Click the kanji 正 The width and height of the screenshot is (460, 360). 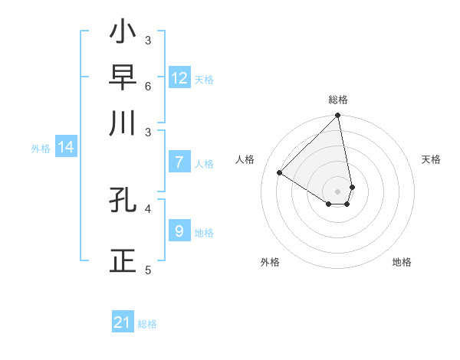click(123, 261)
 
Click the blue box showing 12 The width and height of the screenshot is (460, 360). click(179, 78)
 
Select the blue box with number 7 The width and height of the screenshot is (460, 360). click(179, 162)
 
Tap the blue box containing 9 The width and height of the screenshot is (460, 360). click(179, 231)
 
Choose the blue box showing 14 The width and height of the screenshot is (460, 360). click(66, 148)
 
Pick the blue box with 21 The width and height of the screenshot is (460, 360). click(123, 323)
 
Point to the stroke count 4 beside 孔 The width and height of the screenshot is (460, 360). click(148, 208)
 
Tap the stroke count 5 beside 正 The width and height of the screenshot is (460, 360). click(148, 270)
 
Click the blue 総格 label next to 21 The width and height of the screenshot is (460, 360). click(147, 324)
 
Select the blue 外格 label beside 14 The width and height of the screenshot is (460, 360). click(41, 149)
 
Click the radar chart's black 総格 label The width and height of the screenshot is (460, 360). click(338, 100)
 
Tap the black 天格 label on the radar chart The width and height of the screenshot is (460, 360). click(431, 159)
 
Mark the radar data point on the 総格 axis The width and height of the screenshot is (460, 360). click(338, 116)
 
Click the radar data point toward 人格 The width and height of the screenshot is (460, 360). click(280, 172)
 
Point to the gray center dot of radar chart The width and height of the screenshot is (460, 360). click(338, 191)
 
